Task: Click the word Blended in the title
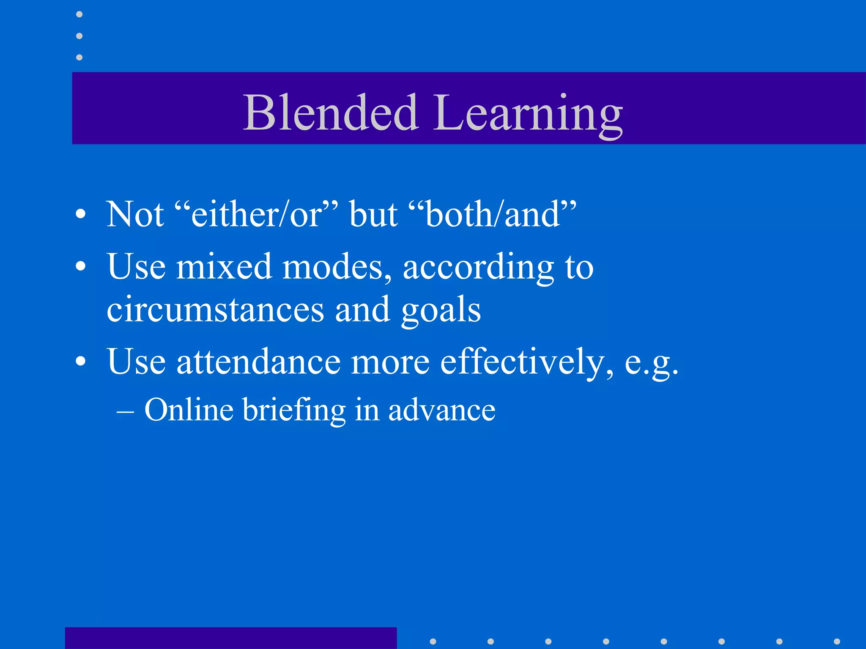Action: pos(331,112)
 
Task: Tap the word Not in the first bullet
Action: pos(135,214)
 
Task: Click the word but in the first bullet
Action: pos(374,214)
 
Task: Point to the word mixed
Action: pos(224,267)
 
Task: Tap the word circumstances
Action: pos(215,310)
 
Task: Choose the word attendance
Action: pos(258,362)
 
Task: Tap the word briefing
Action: pos(294,410)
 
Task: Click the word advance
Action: pos(441,410)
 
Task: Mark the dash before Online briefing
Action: pos(126,411)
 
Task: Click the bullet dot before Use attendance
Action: pos(80,362)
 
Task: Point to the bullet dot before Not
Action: pos(80,214)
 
